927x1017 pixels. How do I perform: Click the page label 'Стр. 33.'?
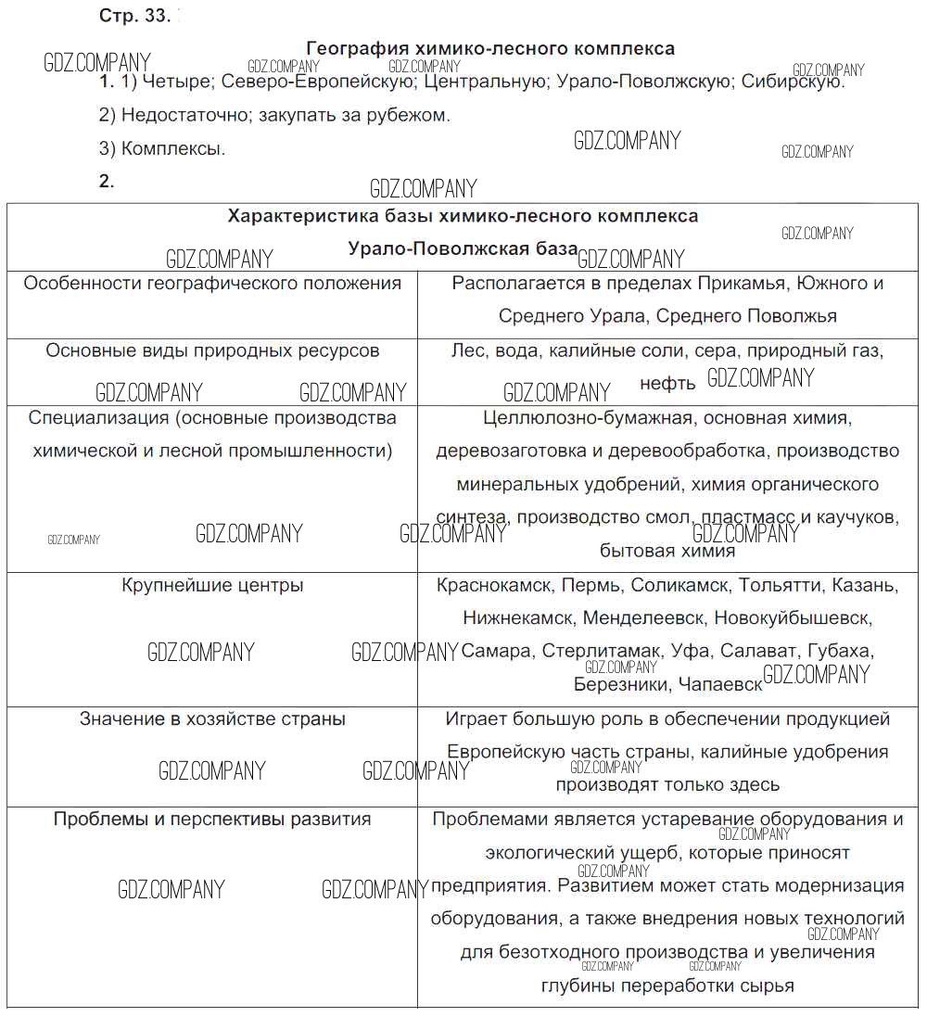(x=133, y=17)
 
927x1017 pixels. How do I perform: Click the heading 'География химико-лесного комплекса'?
(x=490, y=48)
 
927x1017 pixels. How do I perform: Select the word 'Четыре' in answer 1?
(x=180, y=82)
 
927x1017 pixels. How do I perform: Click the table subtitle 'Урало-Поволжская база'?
(x=463, y=249)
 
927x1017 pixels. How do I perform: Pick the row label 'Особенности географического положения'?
(x=212, y=284)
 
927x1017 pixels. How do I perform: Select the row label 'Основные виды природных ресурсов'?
(x=212, y=351)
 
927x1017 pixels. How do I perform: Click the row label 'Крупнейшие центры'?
(x=212, y=586)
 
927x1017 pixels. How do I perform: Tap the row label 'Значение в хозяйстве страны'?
(x=212, y=719)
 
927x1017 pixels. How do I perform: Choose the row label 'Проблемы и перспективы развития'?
(x=212, y=820)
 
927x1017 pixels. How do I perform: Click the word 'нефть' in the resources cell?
(x=667, y=383)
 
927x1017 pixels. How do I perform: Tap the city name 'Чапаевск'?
(x=720, y=685)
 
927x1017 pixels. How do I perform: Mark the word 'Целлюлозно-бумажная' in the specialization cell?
(x=587, y=418)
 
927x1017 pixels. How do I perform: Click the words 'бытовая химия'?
(x=667, y=552)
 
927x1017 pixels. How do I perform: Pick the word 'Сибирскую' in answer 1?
(x=793, y=82)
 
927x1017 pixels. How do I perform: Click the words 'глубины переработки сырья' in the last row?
(x=667, y=986)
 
